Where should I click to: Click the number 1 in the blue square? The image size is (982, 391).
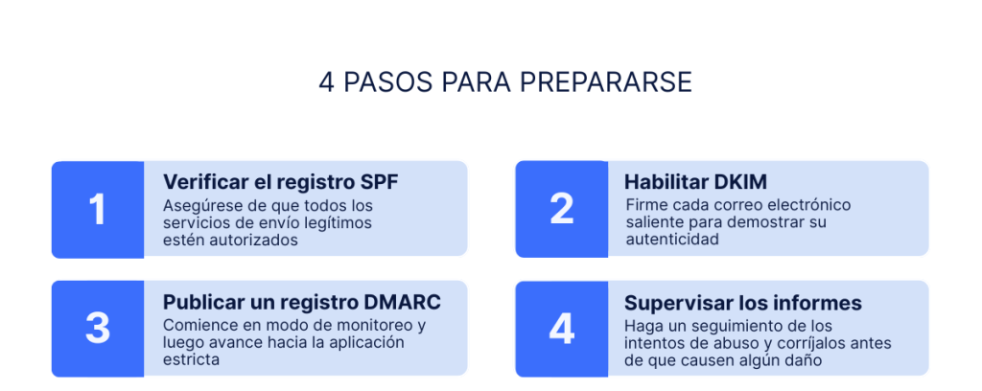point(97,210)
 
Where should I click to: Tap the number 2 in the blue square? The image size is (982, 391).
point(561,210)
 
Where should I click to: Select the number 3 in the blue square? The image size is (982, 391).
point(97,329)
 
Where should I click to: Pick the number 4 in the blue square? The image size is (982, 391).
point(561,329)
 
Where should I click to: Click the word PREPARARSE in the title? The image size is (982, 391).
point(606,82)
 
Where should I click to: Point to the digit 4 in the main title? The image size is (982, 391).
point(326,82)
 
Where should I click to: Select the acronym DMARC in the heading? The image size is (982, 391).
point(402,302)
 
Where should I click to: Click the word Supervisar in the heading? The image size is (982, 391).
point(668,303)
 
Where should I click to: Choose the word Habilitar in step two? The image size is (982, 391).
point(666,182)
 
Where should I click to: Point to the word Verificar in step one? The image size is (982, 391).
point(202,182)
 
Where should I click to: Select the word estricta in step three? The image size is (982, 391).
point(191,359)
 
